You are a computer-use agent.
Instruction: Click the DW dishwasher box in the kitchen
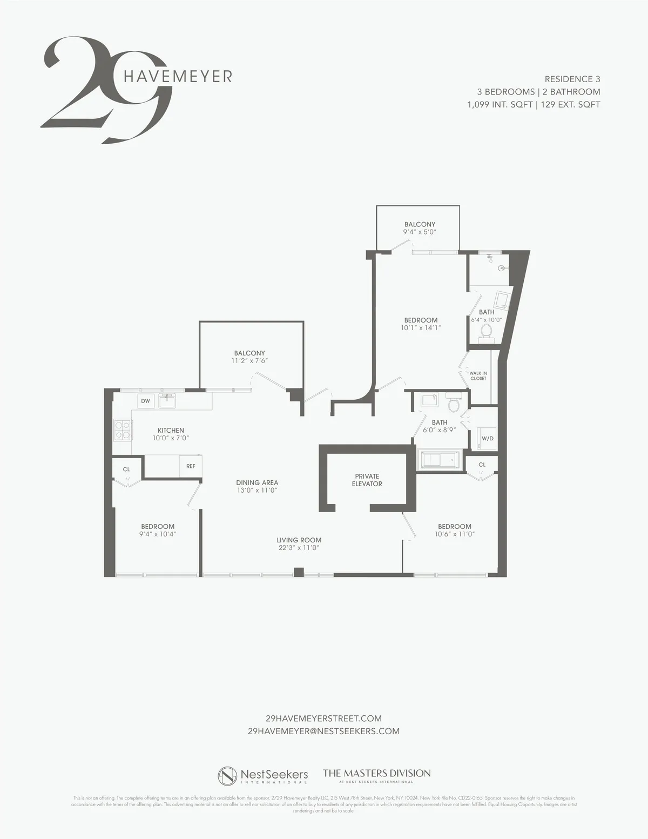pos(145,401)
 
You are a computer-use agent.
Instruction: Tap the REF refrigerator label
pos(191,466)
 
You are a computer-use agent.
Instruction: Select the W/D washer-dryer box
pos(487,438)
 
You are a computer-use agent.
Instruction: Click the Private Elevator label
pos(367,480)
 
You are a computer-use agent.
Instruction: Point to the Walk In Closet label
pos(478,375)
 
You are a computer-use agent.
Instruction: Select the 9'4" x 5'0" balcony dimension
pos(420,232)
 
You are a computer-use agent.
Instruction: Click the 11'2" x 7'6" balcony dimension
pos(249,361)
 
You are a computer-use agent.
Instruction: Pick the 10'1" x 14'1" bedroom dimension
pos(421,327)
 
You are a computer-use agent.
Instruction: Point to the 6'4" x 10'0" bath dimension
pos(487,319)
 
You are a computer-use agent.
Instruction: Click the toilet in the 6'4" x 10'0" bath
pos(486,332)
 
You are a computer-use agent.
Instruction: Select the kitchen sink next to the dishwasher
pos(167,401)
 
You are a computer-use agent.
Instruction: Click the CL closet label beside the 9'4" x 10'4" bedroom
pos(126,469)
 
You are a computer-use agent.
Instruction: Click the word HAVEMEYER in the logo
pos(178,76)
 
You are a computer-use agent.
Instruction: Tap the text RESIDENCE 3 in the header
pos(572,79)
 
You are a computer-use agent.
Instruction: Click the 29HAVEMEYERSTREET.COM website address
pos(324,718)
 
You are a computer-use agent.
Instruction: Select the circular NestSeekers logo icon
pos(227,776)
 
